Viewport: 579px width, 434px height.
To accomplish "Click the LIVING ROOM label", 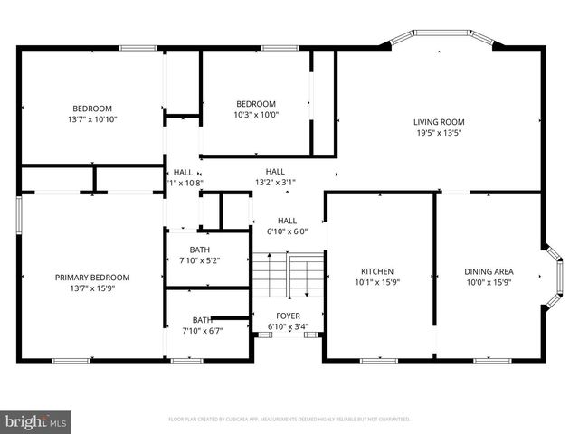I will [x=439, y=122].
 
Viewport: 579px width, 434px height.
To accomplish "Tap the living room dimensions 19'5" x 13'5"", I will [x=439, y=134].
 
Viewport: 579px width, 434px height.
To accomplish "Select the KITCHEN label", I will [x=376, y=270].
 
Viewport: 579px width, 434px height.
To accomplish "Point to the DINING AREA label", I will [x=489, y=270].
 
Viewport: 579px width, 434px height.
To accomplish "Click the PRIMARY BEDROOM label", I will [x=92, y=278].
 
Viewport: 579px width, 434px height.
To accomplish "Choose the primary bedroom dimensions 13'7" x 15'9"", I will [x=92, y=289].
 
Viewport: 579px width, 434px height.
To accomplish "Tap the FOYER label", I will [x=288, y=316].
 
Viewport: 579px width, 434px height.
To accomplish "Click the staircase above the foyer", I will [x=288, y=278].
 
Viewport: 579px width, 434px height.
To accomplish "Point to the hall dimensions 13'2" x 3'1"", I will [x=275, y=183].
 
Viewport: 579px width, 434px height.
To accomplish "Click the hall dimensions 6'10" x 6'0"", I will [x=288, y=231].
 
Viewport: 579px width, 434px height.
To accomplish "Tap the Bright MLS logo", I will [x=36, y=420].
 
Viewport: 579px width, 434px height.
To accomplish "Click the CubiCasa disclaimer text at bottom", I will [x=289, y=420].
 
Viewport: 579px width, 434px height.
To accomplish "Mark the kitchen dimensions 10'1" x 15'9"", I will [x=376, y=282].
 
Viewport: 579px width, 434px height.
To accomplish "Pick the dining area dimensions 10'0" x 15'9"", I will [x=489, y=282].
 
